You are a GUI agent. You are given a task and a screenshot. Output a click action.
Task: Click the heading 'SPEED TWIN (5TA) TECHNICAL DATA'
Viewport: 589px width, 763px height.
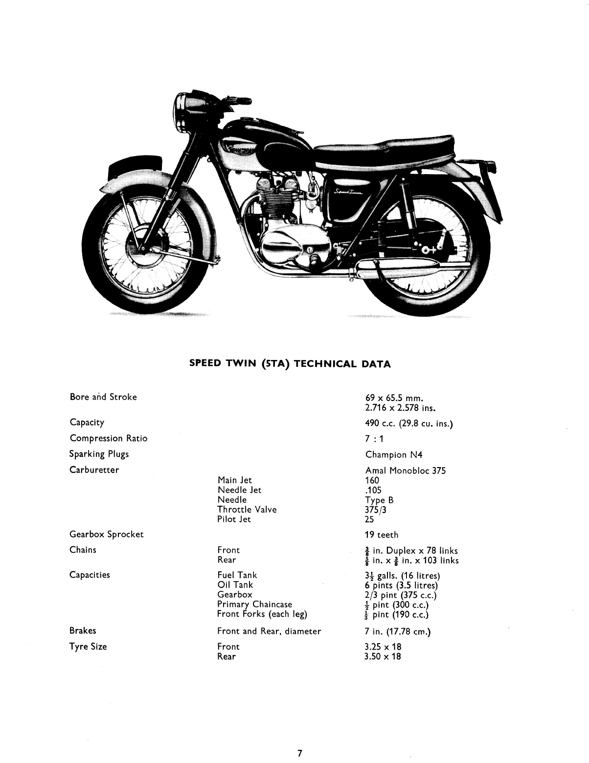coord(290,364)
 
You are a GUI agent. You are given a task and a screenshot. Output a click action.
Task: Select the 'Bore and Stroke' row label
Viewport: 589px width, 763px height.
coord(103,397)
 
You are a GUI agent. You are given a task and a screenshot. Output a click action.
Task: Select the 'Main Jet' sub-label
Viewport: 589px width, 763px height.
coord(235,480)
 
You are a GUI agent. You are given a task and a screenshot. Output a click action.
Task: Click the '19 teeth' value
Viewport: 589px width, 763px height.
coord(382,535)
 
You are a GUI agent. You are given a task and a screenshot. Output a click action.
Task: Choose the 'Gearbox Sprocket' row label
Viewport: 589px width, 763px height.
coord(107,535)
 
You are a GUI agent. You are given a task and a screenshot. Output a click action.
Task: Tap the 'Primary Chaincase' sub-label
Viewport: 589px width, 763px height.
coord(254,605)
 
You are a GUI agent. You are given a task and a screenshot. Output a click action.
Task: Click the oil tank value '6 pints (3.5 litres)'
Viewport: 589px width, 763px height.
coord(401,585)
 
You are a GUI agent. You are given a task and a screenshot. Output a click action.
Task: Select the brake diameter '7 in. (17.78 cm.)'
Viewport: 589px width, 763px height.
coord(398,631)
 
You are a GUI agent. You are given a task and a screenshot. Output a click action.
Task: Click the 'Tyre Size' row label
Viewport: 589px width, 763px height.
coord(88,647)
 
